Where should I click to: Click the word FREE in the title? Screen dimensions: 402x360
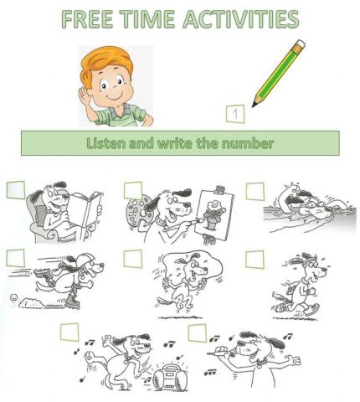click(86, 18)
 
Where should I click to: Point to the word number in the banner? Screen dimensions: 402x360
click(249, 143)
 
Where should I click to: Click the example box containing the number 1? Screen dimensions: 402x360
click(237, 112)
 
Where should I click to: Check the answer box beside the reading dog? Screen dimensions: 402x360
click(16, 190)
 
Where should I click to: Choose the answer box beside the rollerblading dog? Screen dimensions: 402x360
click(16, 257)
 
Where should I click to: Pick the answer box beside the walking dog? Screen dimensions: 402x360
click(255, 259)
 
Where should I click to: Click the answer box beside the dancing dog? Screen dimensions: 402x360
click(69, 332)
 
